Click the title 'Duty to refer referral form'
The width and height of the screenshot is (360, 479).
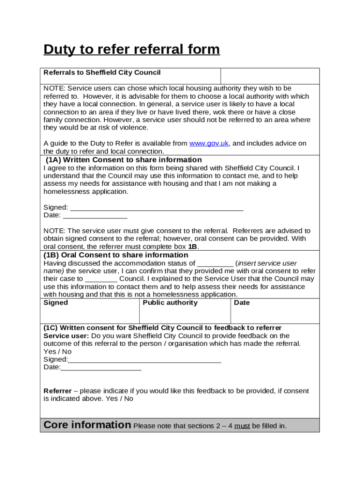[131, 49]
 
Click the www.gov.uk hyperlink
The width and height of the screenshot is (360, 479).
[209, 144]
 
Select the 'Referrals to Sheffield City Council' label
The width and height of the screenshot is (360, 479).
[102, 73]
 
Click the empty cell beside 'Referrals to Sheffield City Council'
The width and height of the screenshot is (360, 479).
[270, 76]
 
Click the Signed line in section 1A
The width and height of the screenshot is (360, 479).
[156, 208]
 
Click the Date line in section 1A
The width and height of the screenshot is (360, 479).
[95, 216]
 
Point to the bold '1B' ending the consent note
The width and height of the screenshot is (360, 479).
[193, 247]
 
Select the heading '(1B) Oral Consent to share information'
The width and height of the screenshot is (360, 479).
[116, 255]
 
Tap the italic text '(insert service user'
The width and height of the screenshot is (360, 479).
[266, 263]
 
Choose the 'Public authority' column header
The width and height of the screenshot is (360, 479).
[170, 303]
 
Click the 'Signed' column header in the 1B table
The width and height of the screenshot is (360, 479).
[56, 303]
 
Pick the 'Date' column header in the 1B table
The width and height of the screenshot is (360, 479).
[242, 303]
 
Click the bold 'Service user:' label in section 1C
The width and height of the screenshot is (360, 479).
[66, 336]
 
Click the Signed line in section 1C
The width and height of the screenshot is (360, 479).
[144, 360]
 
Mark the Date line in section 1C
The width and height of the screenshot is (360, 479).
[101, 368]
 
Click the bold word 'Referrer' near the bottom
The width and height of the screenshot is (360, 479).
[58, 391]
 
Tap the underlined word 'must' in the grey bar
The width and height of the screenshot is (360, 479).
[242, 426]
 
